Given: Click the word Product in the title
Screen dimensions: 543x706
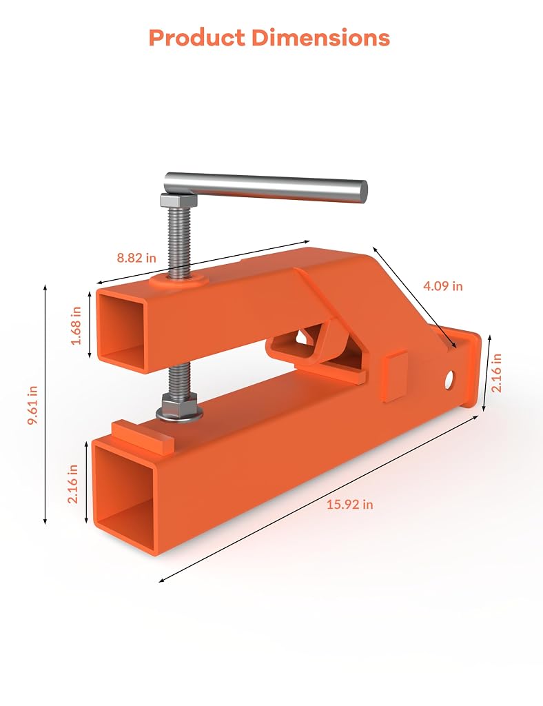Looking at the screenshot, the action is (197, 38).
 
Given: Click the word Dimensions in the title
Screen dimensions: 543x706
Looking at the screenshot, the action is (320, 38).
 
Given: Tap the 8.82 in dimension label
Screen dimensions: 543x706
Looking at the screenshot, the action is (136, 258).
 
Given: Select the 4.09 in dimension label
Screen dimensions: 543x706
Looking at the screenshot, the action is (442, 286).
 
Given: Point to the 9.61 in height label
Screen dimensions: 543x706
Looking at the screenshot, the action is (33, 405).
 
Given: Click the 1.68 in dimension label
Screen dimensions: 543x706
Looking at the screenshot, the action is (76, 325).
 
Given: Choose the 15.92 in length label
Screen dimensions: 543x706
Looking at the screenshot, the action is (349, 504).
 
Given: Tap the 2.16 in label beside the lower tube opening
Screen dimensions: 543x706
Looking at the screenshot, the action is (72, 484).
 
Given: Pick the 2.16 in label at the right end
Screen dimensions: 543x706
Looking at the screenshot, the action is (496, 373).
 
